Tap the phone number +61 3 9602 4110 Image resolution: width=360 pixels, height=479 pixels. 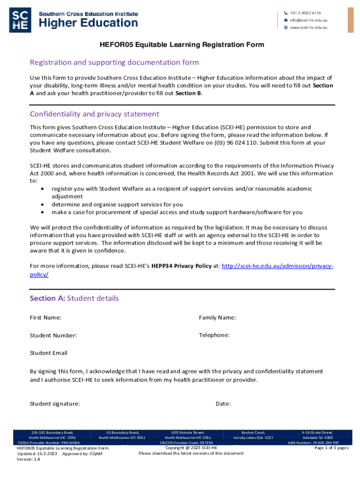307,13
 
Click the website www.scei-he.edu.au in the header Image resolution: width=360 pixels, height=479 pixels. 308,28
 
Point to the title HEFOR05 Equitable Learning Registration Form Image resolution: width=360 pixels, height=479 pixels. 182,45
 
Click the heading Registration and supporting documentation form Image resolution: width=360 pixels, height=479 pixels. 114,62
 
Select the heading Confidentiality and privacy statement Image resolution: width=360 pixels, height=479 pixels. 94,114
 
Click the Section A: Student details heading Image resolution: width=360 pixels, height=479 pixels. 74,298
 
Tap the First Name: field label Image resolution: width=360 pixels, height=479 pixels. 45,318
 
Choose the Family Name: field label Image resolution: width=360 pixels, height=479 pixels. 217,318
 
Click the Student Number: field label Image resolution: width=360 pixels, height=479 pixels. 53,335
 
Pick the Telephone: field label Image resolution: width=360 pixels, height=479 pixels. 214,335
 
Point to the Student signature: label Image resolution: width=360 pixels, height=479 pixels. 55,404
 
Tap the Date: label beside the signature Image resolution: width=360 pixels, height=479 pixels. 223,404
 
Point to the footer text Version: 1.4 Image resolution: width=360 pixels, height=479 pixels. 29,459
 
